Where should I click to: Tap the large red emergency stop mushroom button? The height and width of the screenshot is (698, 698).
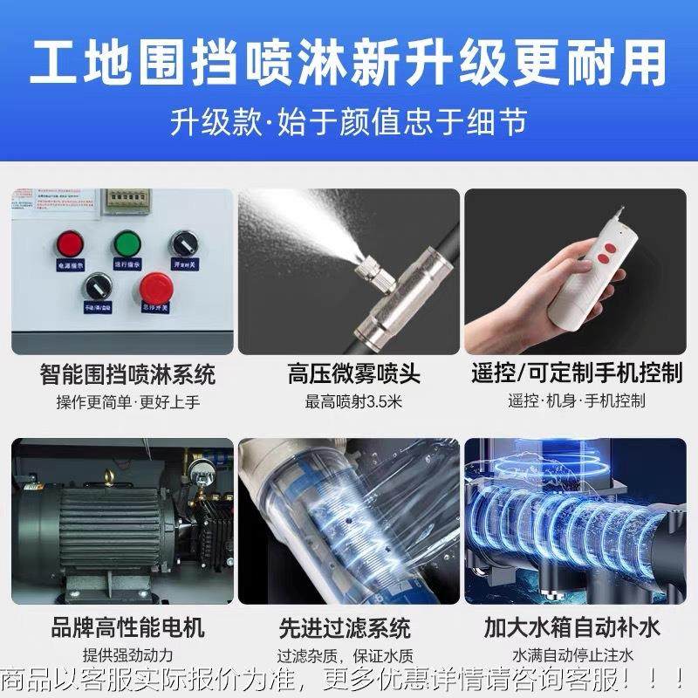point(156,285)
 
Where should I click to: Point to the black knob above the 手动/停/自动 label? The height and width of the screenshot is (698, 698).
point(97,284)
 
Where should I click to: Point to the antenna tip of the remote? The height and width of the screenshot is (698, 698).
point(623,208)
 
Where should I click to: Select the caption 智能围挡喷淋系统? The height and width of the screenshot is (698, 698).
point(127,376)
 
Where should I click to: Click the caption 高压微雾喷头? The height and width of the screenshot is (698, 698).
point(354,376)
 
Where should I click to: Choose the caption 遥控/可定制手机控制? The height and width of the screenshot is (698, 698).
point(577,374)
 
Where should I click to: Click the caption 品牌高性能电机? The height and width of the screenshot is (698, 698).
point(127,628)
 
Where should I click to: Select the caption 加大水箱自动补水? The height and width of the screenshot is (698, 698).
point(572,628)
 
